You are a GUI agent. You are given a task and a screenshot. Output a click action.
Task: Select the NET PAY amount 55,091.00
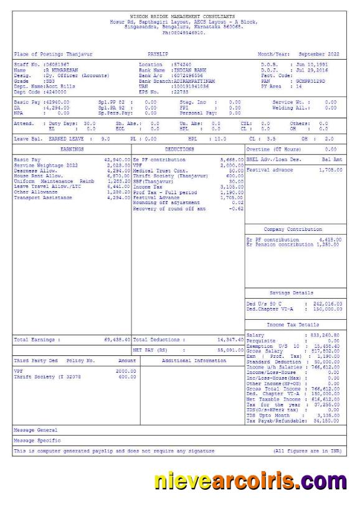[x=229, y=350]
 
